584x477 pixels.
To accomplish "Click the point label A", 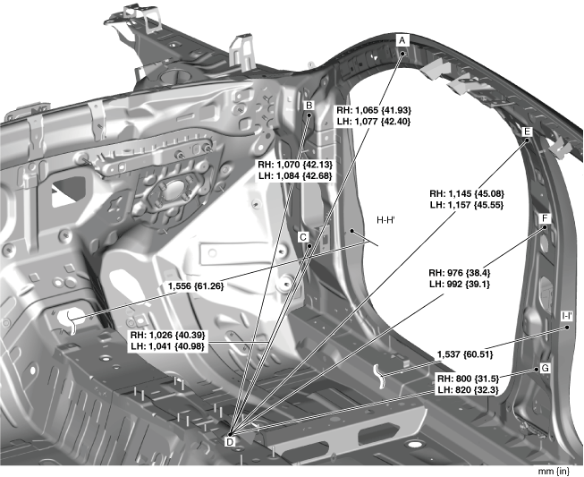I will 402,40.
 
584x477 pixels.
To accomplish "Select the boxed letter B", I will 309,106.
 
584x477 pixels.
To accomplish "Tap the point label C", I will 304,238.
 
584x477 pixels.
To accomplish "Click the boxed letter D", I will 229,440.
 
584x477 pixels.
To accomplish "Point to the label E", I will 527,132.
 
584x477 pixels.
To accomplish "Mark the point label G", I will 544,369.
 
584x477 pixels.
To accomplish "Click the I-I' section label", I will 567,316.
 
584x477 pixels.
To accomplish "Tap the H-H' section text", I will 387,219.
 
